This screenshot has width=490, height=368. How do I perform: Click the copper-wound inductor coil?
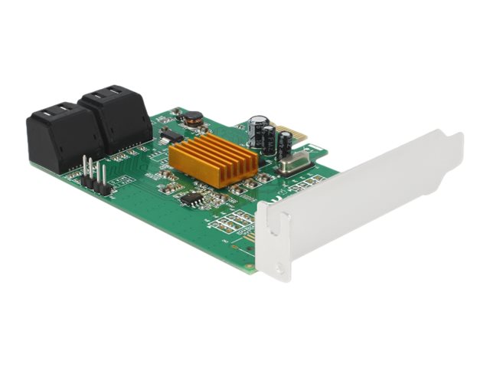click(193, 118)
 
